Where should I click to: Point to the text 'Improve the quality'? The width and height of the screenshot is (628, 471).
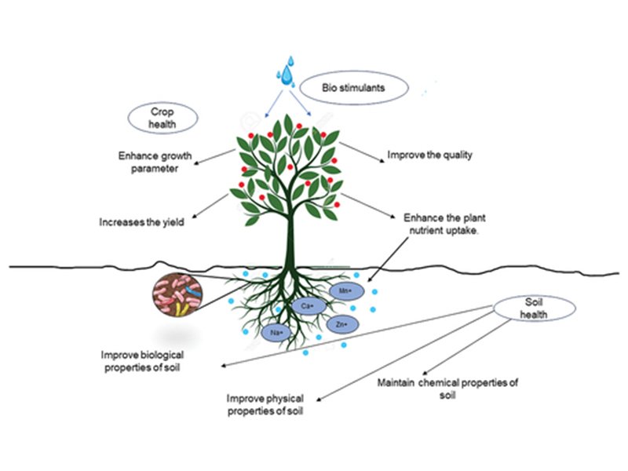click(x=430, y=155)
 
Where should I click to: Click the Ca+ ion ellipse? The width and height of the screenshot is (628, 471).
click(x=307, y=305)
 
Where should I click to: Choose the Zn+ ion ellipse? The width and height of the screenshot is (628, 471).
click(x=341, y=323)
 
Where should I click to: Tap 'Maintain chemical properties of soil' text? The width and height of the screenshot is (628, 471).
click(x=447, y=388)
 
